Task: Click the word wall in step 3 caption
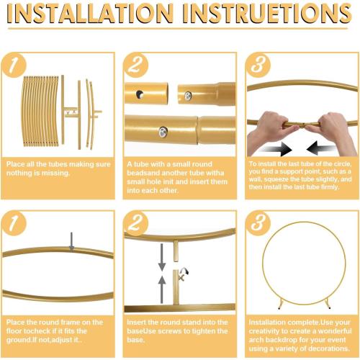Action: click(257, 180)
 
